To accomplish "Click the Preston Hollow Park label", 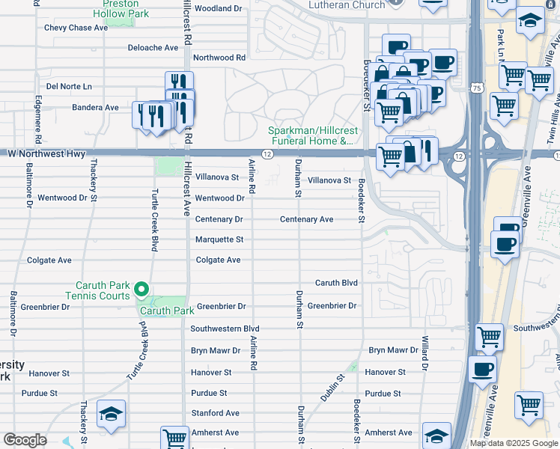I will (121, 9).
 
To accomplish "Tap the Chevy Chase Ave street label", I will (76, 28).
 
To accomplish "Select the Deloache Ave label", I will (153, 47).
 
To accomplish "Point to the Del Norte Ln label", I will (69, 86).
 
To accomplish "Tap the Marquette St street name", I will (219, 239).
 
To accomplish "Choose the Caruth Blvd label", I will (336, 283).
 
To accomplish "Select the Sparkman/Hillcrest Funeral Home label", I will (311, 135).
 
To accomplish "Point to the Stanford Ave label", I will (215, 412).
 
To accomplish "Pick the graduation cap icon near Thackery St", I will (111, 414).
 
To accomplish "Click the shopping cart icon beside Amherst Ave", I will (174, 438).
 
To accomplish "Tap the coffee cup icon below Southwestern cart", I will (482, 369).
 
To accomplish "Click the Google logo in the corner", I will (24, 440).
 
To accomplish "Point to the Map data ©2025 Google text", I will (514, 443).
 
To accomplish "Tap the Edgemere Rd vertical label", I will (37, 120).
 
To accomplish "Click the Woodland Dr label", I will (218, 8).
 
